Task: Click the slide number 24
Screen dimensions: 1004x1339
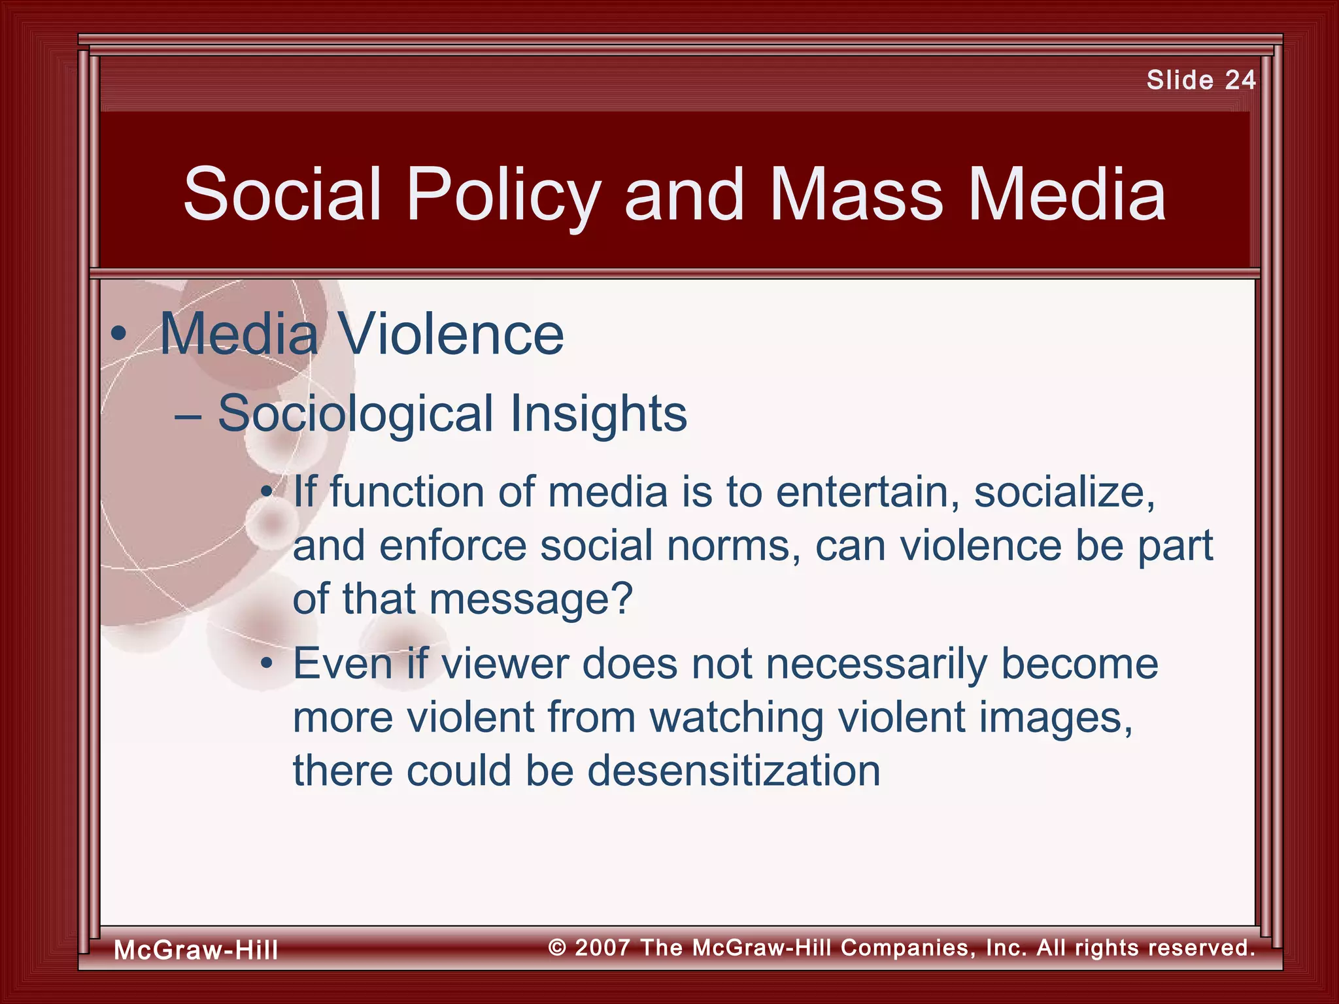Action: (1240, 80)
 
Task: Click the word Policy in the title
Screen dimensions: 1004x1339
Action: (503, 195)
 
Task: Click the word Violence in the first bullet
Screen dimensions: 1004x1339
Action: (451, 335)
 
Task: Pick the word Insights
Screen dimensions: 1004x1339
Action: (598, 414)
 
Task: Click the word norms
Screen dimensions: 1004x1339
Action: (733, 546)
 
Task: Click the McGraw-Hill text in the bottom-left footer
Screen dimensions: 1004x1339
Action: (196, 950)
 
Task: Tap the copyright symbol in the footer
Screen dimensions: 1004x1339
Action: (557, 947)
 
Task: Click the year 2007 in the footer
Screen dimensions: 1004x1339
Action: (602, 947)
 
